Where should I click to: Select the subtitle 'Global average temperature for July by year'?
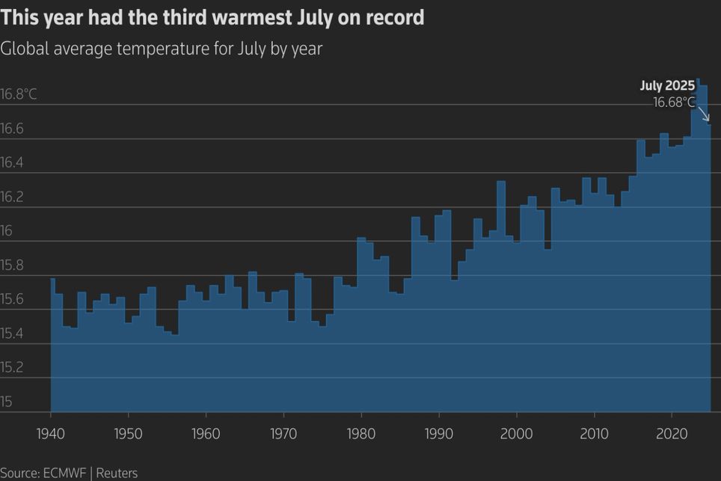pyautogui.click(x=161, y=49)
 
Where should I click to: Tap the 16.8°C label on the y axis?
pyautogui.click(x=19, y=95)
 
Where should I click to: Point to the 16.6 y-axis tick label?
pyautogui.click(x=12, y=129)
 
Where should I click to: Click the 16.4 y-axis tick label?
pyautogui.click(x=12, y=163)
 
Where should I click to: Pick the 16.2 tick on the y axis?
pyautogui.click(x=12, y=197)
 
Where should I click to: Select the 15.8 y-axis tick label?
pyautogui.click(x=12, y=266)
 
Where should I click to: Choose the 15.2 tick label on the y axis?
pyautogui.click(x=12, y=368)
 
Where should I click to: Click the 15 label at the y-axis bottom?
pyautogui.click(x=7, y=402)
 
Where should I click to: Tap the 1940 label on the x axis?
pyautogui.click(x=51, y=435)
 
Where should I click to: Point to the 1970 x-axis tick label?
pyautogui.click(x=283, y=435)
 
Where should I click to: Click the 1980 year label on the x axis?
pyautogui.click(x=361, y=435)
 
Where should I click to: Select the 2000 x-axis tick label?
pyautogui.click(x=516, y=435)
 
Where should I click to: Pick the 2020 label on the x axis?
pyautogui.click(x=671, y=435)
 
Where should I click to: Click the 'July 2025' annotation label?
pyautogui.click(x=667, y=86)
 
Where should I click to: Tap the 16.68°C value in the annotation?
pyautogui.click(x=674, y=102)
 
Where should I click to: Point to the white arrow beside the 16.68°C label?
pyautogui.click(x=702, y=113)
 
